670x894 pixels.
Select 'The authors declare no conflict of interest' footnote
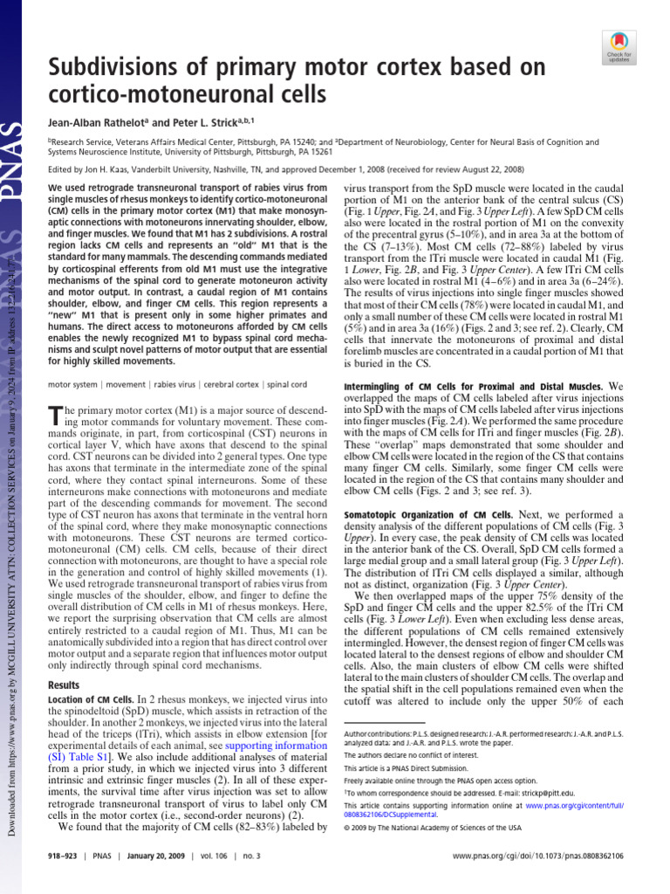[409, 755]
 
